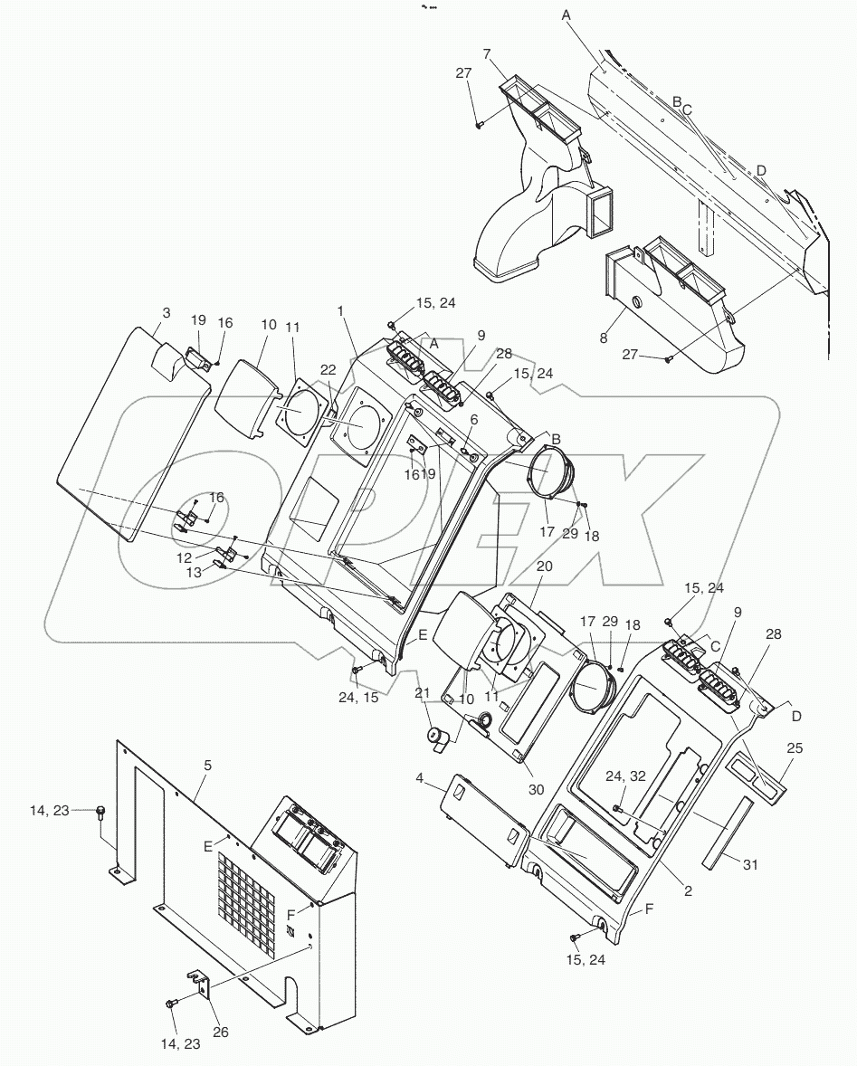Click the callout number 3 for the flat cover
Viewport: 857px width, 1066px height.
[x=166, y=313]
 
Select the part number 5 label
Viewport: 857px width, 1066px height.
[x=207, y=765]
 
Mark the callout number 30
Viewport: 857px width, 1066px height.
[x=536, y=788]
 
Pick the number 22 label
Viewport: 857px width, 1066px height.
[x=328, y=368]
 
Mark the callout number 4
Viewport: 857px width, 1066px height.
[x=419, y=778]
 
